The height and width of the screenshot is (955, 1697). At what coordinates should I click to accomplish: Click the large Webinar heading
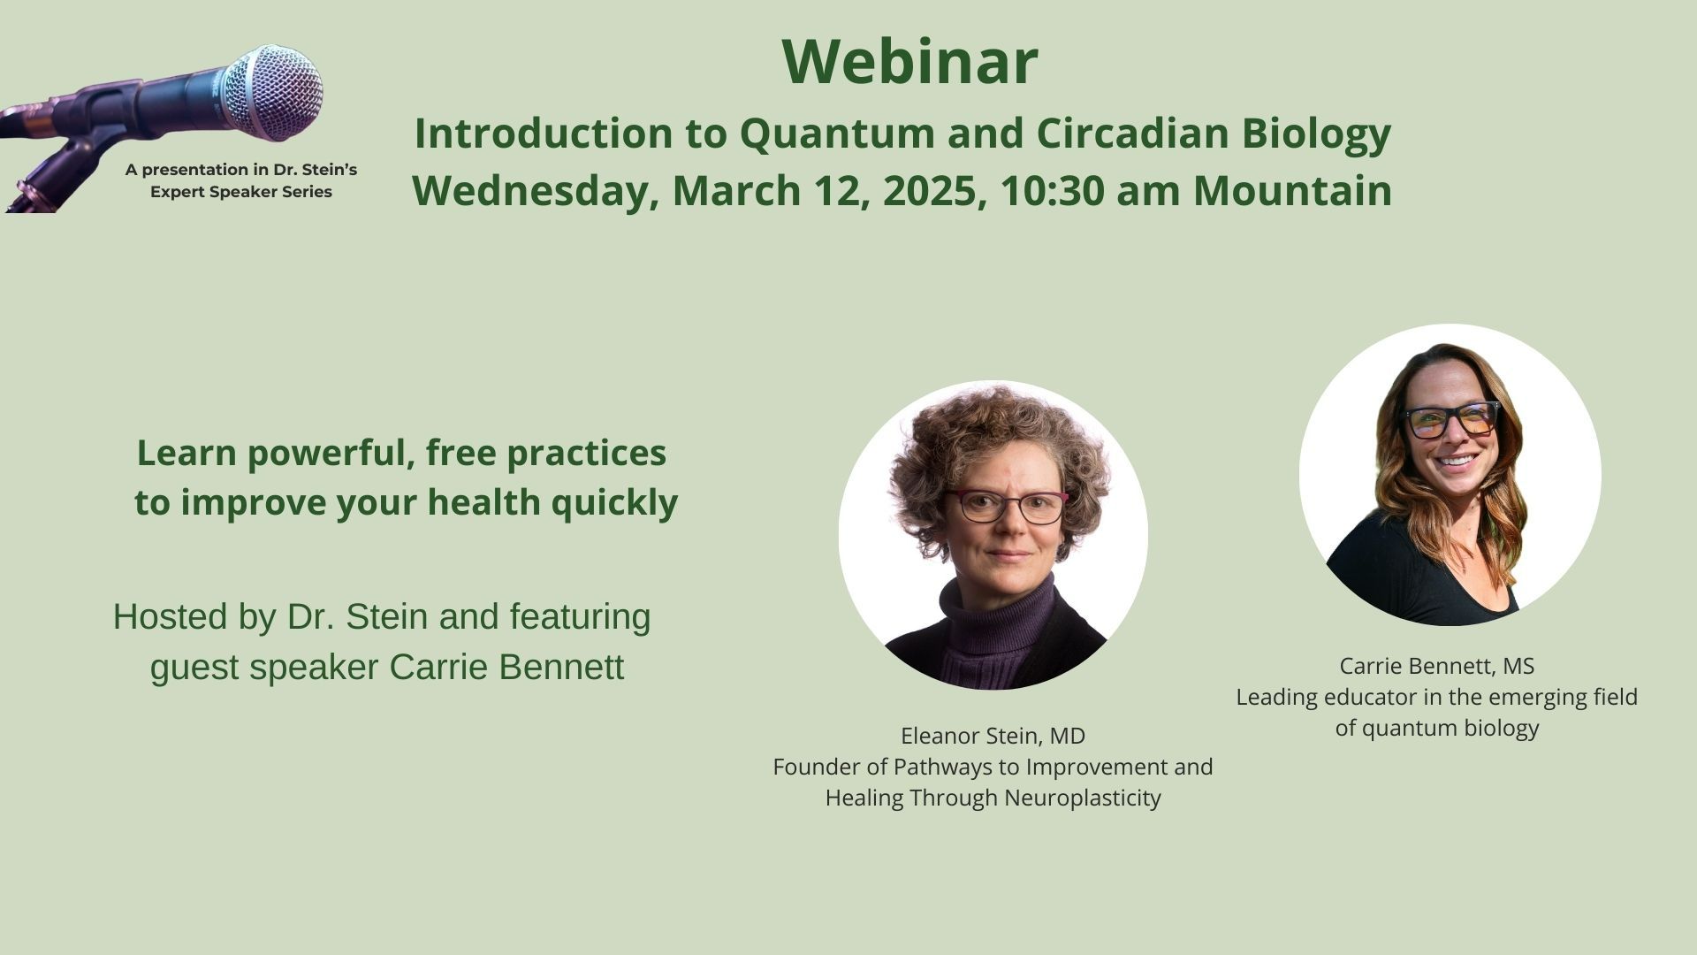[909, 61]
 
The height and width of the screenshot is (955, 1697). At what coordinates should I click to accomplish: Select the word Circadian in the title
[1132, 133]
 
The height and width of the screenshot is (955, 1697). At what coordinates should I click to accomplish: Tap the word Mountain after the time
[1292, 191]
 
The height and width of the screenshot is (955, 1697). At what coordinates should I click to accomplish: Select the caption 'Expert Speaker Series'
[241, 192]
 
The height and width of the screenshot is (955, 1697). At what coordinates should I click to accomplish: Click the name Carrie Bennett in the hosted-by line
[506, 667]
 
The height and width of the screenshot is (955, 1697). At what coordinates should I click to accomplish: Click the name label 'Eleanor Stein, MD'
[993, 736]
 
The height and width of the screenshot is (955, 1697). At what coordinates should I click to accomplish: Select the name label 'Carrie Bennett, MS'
[1436, 666]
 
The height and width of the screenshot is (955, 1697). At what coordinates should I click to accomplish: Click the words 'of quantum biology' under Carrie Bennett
[1437, 729]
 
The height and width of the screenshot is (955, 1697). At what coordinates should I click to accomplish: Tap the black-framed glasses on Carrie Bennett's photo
[1453, 419]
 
